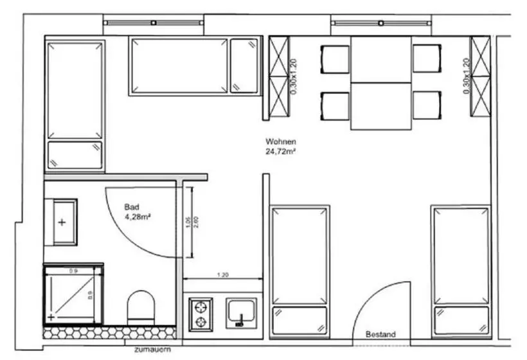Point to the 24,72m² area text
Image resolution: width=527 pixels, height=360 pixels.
[280, 152]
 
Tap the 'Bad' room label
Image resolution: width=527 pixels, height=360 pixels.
[132, 208]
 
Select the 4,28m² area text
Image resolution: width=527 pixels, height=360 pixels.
[138, 217]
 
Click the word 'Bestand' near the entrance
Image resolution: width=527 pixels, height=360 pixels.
[380, 335]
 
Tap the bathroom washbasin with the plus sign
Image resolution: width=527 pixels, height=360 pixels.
[61, 222]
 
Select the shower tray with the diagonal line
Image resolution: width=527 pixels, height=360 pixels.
[73, 294]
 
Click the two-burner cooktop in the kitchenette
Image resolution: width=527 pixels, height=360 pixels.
[201, 313]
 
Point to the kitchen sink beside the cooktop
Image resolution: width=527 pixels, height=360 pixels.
[243, 313]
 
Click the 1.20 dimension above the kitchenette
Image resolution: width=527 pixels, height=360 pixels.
[223, 275]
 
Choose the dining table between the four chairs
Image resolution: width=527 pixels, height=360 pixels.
[380, 83]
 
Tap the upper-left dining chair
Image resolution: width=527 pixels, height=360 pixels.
[334, 59]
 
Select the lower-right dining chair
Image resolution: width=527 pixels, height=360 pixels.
[427, 105]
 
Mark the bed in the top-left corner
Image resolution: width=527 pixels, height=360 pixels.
[75, 105]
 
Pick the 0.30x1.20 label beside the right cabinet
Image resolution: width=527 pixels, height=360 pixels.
[467, 77]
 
